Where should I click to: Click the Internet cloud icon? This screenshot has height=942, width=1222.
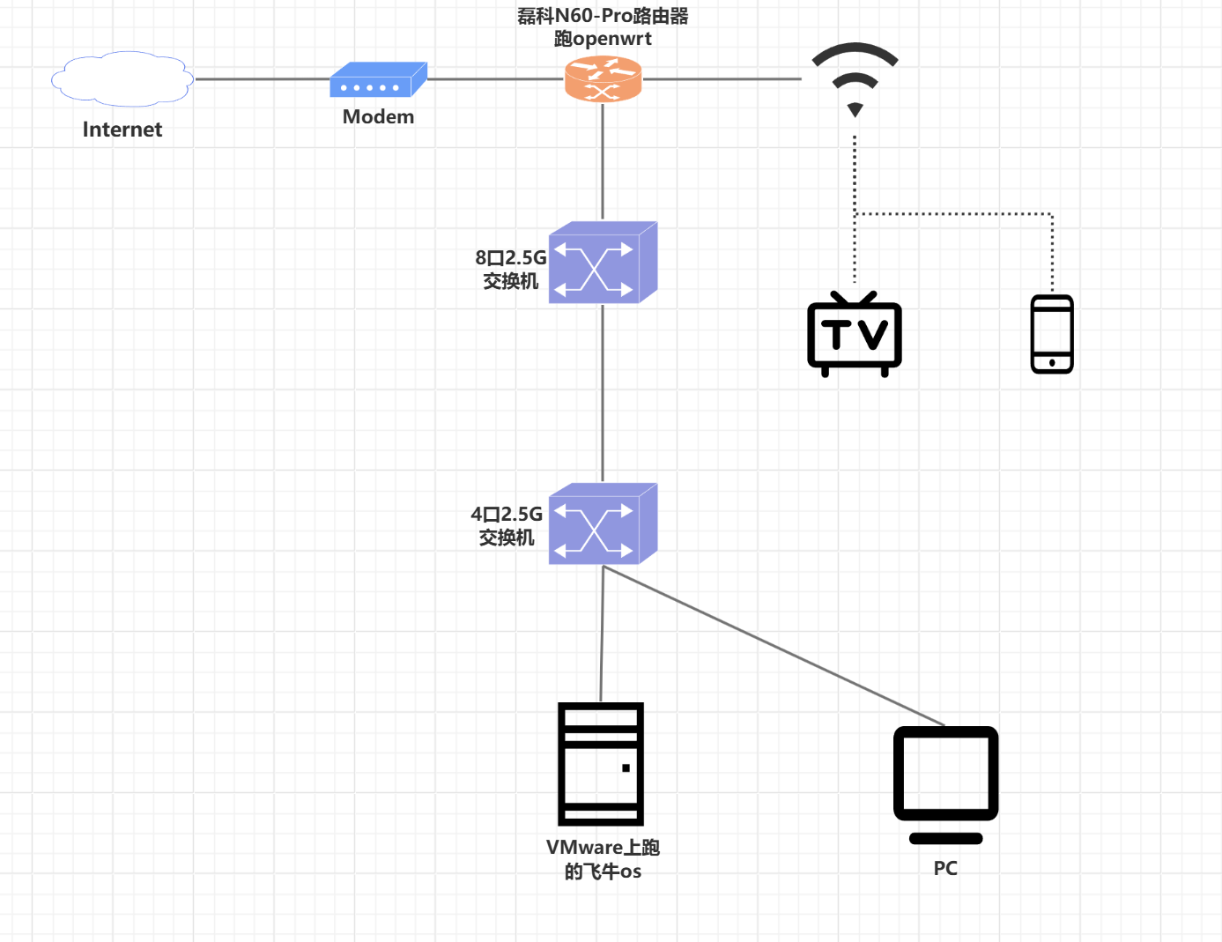click(x=122, y=79)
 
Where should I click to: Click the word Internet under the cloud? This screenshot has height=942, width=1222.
click(x=122, y=130)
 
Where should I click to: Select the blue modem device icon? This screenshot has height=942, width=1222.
click(x=378, y=80)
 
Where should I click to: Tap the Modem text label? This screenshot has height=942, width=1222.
click(x=378, y=116)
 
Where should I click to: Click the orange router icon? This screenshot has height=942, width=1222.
click(x=603, y=79)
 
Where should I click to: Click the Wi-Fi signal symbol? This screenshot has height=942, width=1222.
click(x=855, y=78)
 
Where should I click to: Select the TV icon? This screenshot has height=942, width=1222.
click(x=855, y=335)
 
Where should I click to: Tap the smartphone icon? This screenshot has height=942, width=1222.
click(x=1052, y=334)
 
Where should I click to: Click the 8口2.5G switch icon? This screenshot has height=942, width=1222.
click(x=603, y=263)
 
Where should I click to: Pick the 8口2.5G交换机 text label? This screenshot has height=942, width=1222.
click(x=511, y=270)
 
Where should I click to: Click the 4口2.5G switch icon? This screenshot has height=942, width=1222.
click(x=603, y=523)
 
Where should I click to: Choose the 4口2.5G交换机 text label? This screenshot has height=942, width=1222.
click(x=507, y=526)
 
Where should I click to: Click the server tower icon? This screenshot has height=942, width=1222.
click(x=601, y=763)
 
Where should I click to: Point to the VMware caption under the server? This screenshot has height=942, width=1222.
click(x=603, y=859)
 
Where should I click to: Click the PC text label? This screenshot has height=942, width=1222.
click(x=945, y=869)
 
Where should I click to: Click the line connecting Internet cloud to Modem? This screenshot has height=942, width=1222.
click(x=262, y=79)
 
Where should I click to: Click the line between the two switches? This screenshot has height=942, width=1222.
click(x=603, y=393)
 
